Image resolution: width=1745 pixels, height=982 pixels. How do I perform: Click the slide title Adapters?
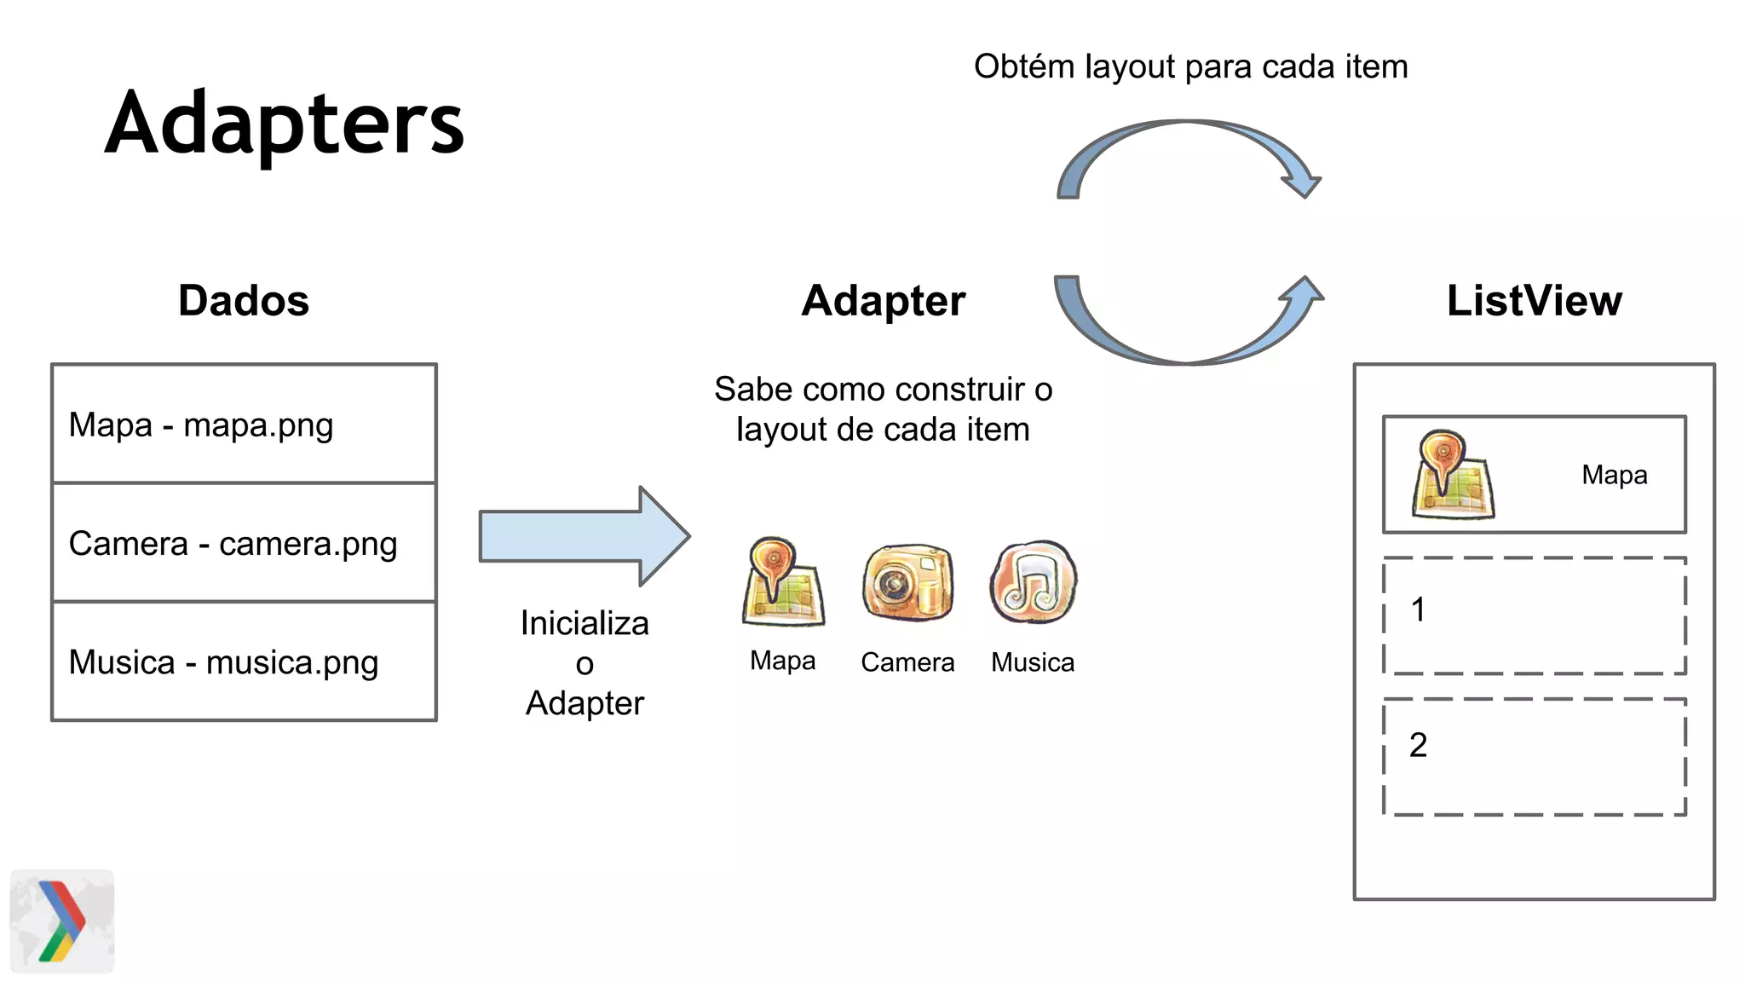coord(285,124)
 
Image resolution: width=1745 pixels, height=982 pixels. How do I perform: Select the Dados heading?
coord(244,301)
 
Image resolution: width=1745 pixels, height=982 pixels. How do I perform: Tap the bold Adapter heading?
coord(884,301)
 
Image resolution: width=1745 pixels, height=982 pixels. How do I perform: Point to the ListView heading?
coord(1534,301)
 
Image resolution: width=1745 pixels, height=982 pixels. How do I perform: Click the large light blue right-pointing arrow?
coord(585,536)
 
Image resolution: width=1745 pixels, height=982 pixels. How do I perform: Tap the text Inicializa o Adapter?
coord(585,663)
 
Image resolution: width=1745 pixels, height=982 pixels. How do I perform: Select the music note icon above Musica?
coord(1033,582)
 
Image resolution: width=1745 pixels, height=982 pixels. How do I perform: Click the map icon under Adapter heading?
coord(782,582)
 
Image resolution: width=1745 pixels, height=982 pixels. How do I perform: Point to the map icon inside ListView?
coord(1452,476)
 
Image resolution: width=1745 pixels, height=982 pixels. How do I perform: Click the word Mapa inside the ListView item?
coord(1614,475)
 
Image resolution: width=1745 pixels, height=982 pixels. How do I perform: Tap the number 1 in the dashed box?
coord(1418,610)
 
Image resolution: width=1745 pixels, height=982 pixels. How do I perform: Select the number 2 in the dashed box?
coord(1418,746)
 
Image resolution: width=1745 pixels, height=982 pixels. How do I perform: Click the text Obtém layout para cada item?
coord(1190,66)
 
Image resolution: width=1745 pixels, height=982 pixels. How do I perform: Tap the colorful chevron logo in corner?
coord(62,921)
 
